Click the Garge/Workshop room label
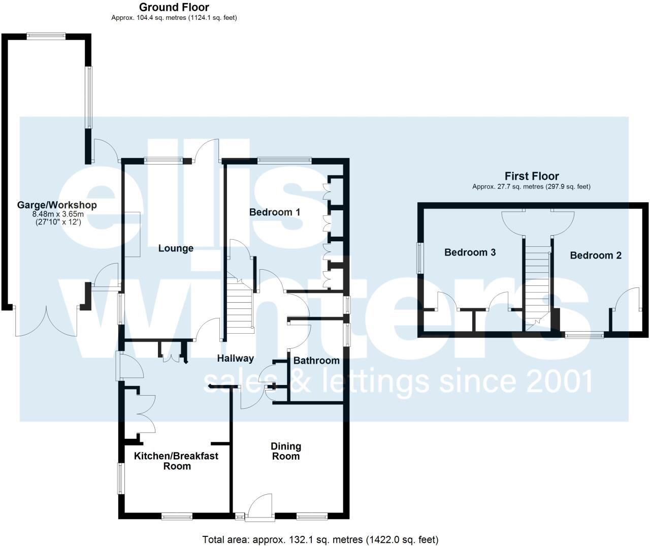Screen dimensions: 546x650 [57, 205]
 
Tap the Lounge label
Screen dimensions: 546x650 [176, 248]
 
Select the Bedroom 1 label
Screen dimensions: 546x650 [275, 212]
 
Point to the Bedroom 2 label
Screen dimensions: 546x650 [595, 255]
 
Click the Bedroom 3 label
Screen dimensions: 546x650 [470, 252]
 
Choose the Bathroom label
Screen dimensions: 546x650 [316, 361]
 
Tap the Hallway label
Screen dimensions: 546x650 [235, 359]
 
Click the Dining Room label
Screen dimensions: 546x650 [285, 451]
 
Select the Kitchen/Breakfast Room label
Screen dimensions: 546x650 [176, 461]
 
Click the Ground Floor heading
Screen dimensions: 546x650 [174, 7]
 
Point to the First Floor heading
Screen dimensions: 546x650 [531, 176]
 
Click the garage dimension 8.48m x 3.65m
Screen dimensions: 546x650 [57, 214]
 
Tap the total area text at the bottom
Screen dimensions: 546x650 [320, 539]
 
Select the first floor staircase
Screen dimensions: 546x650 [537, 284]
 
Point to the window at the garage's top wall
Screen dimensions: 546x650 [46, 36]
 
